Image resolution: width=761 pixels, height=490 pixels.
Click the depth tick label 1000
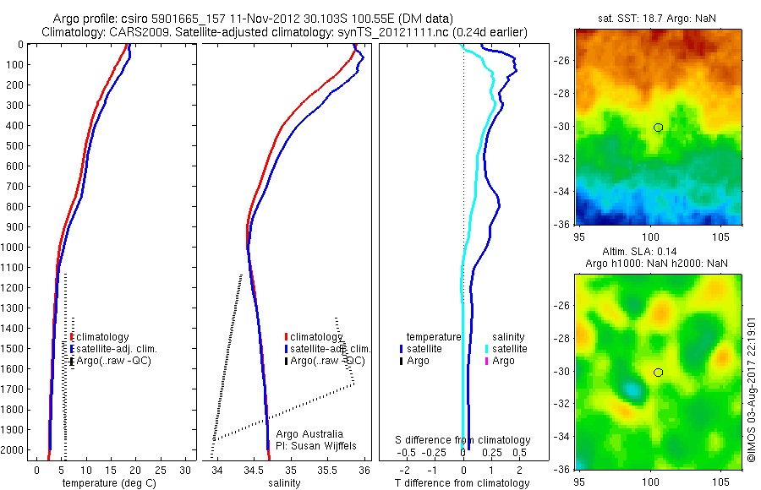tap(14, 247)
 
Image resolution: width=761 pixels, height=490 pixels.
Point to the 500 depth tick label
tap(16, 145)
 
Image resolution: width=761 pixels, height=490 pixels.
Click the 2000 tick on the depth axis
tap(14, 449)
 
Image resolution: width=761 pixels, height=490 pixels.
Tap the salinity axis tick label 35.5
tap(328, 469)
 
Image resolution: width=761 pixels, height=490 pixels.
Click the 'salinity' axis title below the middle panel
tap(284, 482)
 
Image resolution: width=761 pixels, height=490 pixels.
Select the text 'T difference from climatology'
tap(463, 482)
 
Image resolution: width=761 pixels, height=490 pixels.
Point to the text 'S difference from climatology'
tap(463, 440)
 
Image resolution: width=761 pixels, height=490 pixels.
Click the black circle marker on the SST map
tap(658, 128)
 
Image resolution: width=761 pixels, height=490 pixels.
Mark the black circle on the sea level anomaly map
tap(658, 372)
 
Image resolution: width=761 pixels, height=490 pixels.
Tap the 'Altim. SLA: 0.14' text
tap(653, 252)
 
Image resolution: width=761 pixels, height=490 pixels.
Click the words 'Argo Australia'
tap(310, 433)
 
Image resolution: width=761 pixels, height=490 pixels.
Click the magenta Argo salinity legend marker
tap(486, 361)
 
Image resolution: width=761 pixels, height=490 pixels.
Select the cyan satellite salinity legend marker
tap(486, 348)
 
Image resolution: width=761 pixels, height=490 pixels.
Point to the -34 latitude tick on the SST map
tap(562, 192)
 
